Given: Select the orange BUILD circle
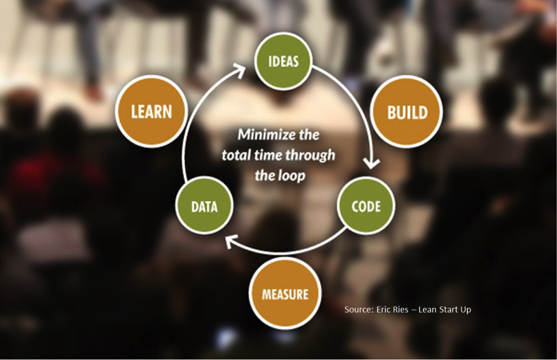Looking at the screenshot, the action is (407, 112).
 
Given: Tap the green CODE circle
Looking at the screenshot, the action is (366, 206).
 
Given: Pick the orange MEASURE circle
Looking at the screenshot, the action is (285, 294).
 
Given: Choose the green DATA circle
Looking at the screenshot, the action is (204, 206).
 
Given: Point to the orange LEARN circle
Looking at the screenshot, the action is (152, 111).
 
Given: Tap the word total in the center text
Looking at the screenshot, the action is (236, 155).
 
